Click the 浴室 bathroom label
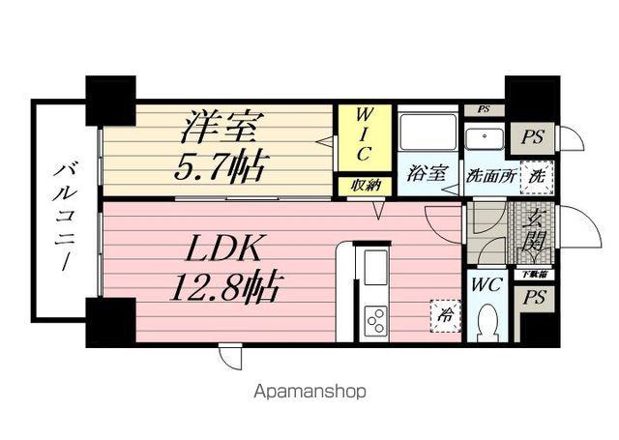pos(427,175)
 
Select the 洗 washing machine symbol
pos(535,177)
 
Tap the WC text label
pos(486,286)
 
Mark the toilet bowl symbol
pos(486,320)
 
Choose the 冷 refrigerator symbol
pos(445,315)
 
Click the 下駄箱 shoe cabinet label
pos(533,275)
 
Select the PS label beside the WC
pos(532,300)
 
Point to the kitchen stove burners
pos(374,317)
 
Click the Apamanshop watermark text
pos(309,393)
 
